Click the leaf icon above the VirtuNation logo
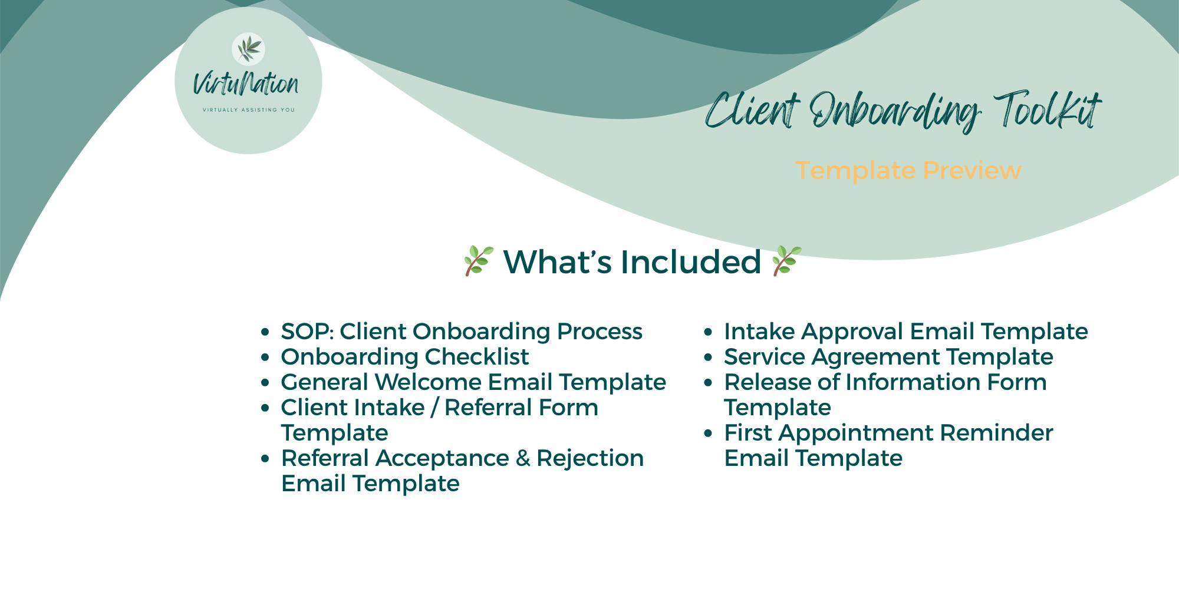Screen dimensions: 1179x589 pyautogui.click(x=248, y=49)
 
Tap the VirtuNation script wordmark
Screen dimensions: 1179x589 pyautogui.click(x=246, y=84)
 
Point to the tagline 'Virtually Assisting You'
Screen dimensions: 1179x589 pyautogui.click(x=248, y=110)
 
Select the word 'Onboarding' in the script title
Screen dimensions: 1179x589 pyautogui.click(x=895, y=112)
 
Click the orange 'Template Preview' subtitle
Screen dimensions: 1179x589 pyautogui.click(x=908, y=171)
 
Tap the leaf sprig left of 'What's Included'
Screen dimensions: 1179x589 pyautogui.click(x=478, y=261)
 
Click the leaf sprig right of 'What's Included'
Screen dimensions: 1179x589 pyautogui.click(x=786, y=261)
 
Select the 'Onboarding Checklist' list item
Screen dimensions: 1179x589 pyautogui.click(x=405, y=357)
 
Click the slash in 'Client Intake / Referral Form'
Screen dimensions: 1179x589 pyautogui.click(x=434, y=408)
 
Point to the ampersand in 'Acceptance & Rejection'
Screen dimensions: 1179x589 pyautogui.click(x=523, y=458)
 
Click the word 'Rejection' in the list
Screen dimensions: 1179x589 pyautogui.click(x=590, y=459)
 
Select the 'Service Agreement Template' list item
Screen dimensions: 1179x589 pyautogui.click(x=888, y=357)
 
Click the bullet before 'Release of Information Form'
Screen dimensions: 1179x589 pyautogui.click(x=709, y=382)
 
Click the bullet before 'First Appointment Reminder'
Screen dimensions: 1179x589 pyautogui.click(x=709, y=433)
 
